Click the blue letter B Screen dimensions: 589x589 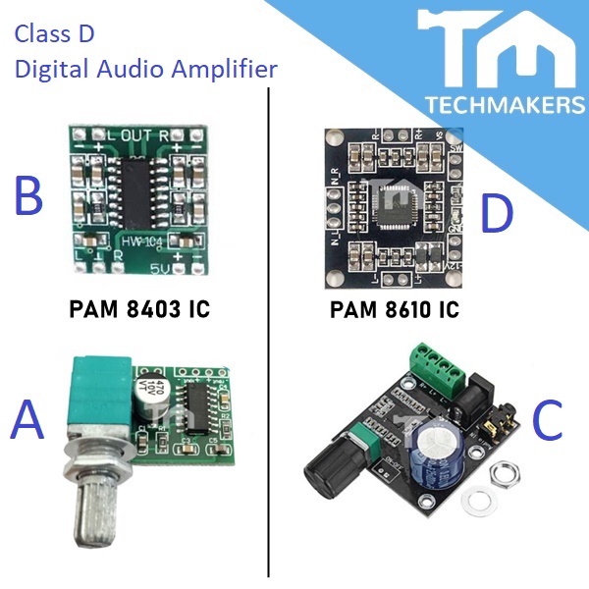tap(28, 196)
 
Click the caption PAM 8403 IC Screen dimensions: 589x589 tap(139, 310)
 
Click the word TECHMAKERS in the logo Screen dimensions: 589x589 tap(504, 104)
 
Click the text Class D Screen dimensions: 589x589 tap(54, 36)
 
